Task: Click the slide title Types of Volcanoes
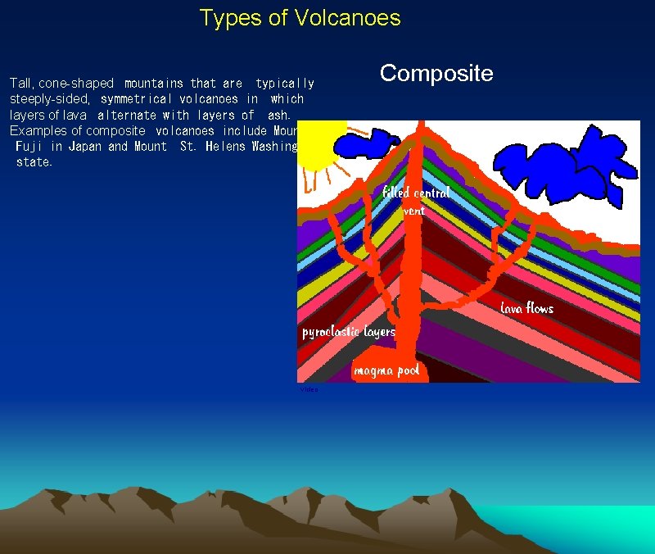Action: click(300, 17)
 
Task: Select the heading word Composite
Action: click(436, 73)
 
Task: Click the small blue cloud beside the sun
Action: click(373, 144)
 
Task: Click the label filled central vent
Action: click(416, 201)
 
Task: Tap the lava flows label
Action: click(526, 308)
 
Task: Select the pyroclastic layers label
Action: click(349, 332)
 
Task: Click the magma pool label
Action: click(386, 370)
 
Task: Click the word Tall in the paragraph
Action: click(20, 83)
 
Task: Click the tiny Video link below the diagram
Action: click(309, 389)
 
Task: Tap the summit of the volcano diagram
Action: click(420, 125)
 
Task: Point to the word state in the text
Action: click(34, 161)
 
